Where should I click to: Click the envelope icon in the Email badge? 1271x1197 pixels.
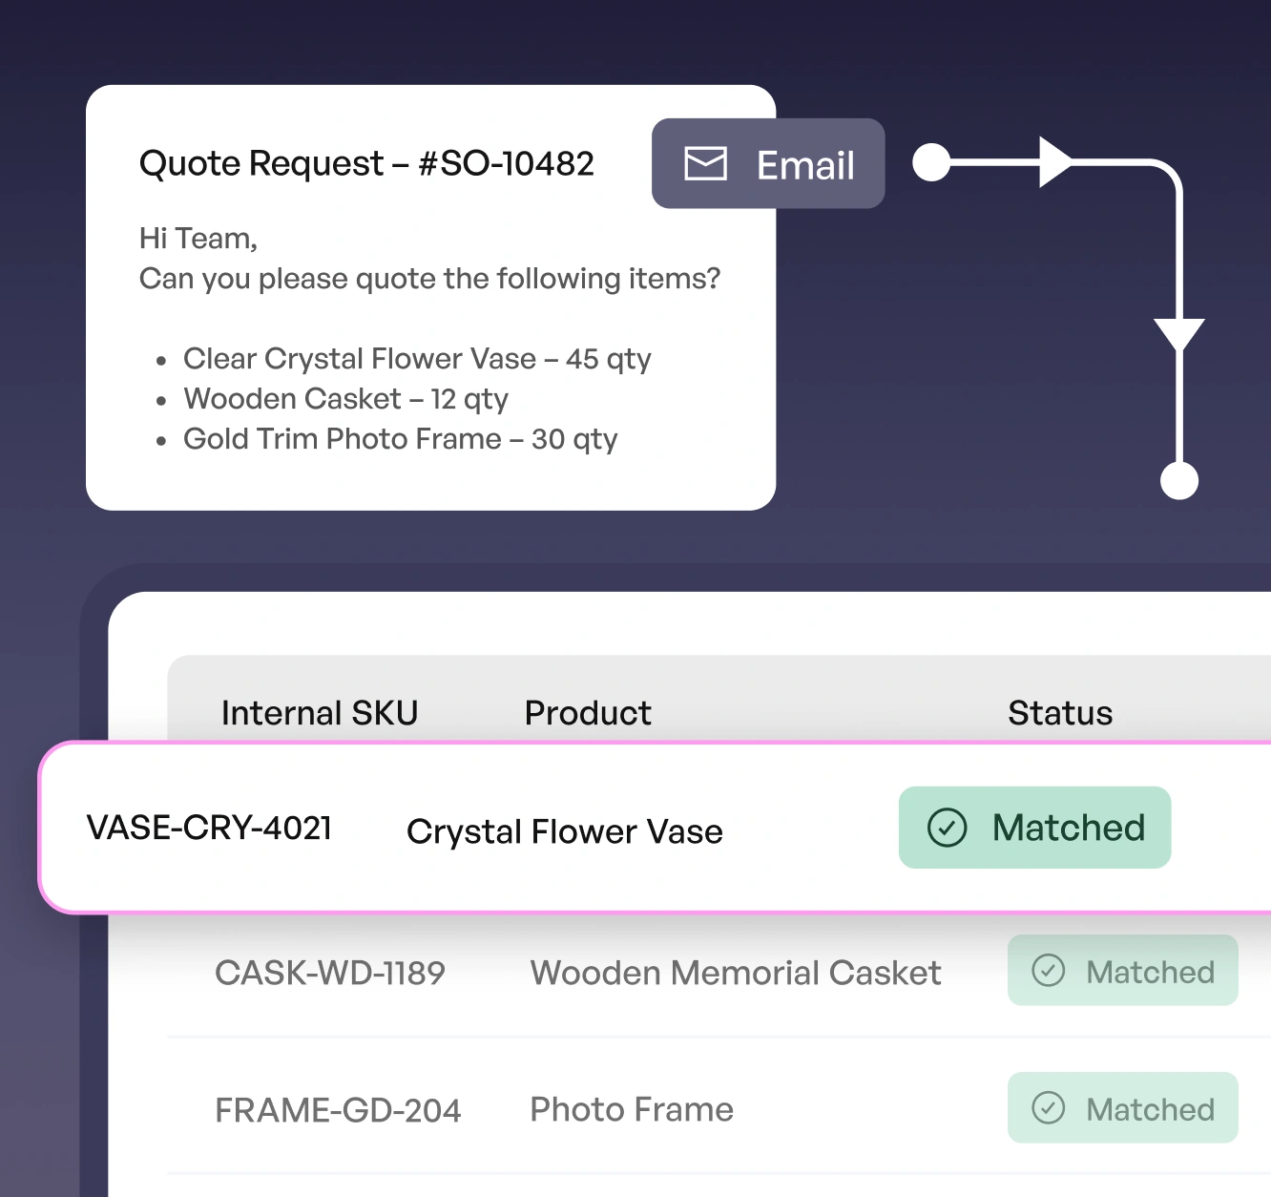(x=706, y=164)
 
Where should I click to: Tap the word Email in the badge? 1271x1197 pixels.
(x=805, y=165)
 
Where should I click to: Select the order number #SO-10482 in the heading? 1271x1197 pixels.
(x=506, y=163)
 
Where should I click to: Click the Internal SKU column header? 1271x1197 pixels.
(x=320, y=713)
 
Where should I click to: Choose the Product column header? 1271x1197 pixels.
(x=588, y=713)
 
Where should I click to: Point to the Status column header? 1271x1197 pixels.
(x=1060, y=713)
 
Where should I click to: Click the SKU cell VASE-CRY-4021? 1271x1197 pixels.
(x=209, y=828)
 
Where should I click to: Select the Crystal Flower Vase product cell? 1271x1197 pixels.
(x=564, y=831)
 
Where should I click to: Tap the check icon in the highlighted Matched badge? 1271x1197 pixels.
(x=948, y=828)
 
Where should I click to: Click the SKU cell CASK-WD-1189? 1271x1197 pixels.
(x=330, y=973)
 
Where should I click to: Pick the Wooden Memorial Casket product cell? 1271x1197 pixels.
(x=735, y=973)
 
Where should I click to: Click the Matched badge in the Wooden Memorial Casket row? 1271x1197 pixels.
(x=1122, y=971)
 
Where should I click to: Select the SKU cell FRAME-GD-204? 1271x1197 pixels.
(x=338, y=1110)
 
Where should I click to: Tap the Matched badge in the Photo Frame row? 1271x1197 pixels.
(x=1122, y=1108)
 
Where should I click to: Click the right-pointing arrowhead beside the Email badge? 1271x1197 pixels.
(x=1054, y=162)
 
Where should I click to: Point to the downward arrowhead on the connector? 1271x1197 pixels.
(x=1179, y=333)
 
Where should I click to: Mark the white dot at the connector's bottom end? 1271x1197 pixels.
(x=1179, y=481)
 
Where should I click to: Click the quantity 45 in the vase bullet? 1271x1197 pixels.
(x=582, y=359)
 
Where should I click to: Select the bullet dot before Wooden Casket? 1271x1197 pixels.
(x=161, y=401)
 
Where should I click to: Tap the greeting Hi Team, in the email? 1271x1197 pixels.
(x=198, y=238)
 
